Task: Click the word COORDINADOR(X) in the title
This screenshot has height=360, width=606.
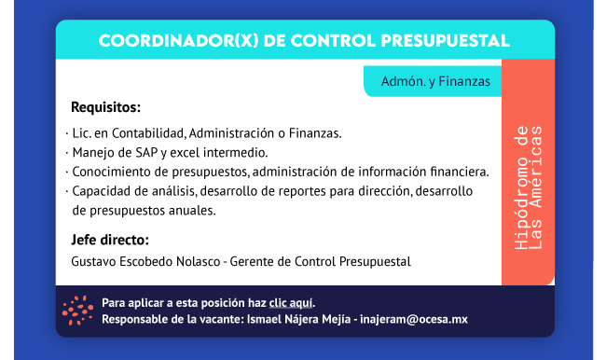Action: click(179, 41)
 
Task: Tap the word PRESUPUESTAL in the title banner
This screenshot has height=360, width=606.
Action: click(446, 41)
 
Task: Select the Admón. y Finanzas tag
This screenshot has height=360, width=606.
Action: click(435, 81)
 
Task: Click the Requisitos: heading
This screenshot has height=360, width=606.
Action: click(106, 107)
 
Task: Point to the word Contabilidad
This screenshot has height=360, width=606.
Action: click(149, 133)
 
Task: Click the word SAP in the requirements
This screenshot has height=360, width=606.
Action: click(146, 153)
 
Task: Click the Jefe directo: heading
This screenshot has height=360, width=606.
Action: click(110, 240)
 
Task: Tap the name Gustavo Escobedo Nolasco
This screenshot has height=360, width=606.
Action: click(145, 262)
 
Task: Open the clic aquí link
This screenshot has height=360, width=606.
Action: click(291, 303)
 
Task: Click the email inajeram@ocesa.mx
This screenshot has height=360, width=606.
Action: click(414, 319)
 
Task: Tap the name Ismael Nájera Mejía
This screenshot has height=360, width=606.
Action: click(298, 319)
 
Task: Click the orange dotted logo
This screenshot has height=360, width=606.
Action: click(77, 311)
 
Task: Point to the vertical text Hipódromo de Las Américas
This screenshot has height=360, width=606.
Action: click(529, 187)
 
